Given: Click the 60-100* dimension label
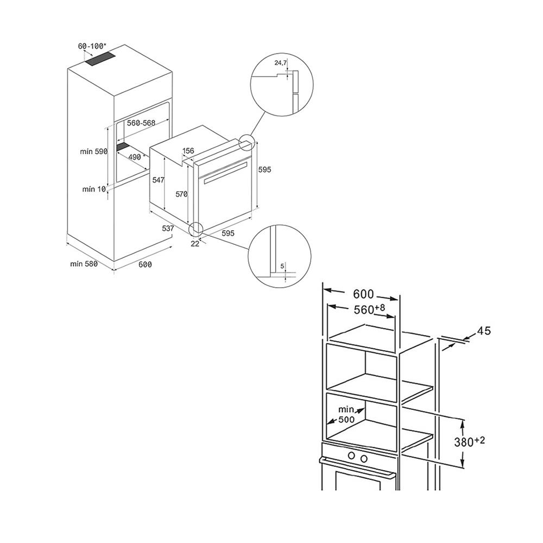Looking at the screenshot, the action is pyautogui.click(x=92, y=46).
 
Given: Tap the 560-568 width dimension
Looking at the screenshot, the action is pyautogui.click(x=141, y=123).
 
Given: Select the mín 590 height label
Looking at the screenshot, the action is pyautogui.click(x=94, y=151).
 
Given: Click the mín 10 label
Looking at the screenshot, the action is pyautogui.click(x=94, y=189).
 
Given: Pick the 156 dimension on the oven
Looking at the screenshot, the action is pyautogui.click(x=188, y=150).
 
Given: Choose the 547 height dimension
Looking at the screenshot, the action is pyautogui.click(x=158, y=180).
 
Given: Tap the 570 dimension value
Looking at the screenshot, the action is pyautogui.click(x=181, y=194).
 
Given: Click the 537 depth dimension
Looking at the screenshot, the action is pyautogui.click(x=168, y=229).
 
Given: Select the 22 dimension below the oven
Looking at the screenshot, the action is pyautogui.click(x=195, y=244).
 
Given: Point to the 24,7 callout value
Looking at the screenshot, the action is pyautogui.click(x=281, y=62).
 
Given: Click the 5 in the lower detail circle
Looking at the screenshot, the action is pyautogui.click(x=282, y=266).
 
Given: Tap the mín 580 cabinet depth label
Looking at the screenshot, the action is pyautogui.click(x=84, y=264).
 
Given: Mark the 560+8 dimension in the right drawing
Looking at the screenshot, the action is pyautogui.click(x=369, y=309).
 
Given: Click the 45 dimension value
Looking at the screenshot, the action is pyautogui.click(x=484, y=331).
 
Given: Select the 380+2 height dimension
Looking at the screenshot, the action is pyautogui.click(x=470, y=441).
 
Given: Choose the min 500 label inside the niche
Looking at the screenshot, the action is pyautogui.click(x=346, y=414).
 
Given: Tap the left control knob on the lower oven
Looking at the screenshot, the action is pyautogui.click(x=351, y=456).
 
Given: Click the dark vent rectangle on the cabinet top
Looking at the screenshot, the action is pyautogui.click(x=100, y=59).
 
